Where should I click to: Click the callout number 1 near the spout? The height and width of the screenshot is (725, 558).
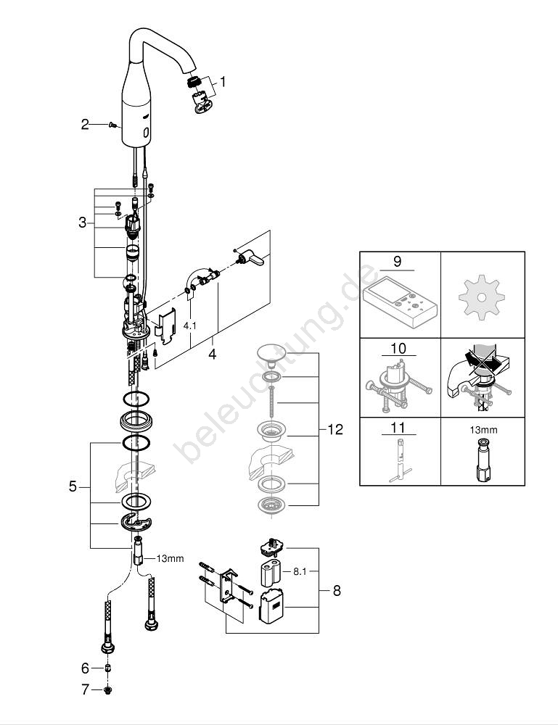pyautogui.click(x=223, y=83)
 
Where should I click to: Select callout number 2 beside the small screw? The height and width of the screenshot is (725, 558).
pyautogui.click(x=85, y=125)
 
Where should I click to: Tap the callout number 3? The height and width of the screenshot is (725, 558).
pyautogui.click(x=83, y=223)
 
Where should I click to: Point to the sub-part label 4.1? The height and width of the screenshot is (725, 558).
pyautogui.click(x=189, y=326)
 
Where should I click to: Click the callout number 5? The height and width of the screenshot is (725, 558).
pyautogui.click(x=73, y=487)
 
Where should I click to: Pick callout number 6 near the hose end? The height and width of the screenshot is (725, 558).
pyautogui.click(x=85, y=668)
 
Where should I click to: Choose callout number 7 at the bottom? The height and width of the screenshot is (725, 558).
pyautogui.click(x=85, y=690)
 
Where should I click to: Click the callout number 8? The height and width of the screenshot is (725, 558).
pyautogui.click(x=336, y=591)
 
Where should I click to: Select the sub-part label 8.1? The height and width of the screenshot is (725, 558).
pyautogui.click(x=300, y=571)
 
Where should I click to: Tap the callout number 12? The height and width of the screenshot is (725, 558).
pyautogui.click(x=335, y=430)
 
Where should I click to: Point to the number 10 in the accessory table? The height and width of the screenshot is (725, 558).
pyautogui.click(x=399, y=349)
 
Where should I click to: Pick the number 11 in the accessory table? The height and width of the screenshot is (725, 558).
pyautogui.click(x=399, y=426)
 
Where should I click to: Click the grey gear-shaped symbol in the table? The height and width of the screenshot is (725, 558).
pyautogui.click(x=483, y=297)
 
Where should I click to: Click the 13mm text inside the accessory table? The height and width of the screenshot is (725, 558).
pyautogui.click(x=483, y=430)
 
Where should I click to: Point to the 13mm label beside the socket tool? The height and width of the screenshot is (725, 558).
pyautogui.click(x=170, y=558)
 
